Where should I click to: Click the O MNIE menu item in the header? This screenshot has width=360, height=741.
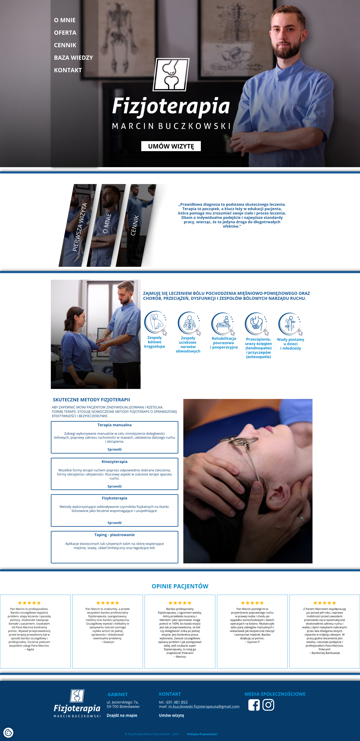[x=65, y=20]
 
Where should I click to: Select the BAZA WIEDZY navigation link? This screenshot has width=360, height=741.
[x=73, y=58]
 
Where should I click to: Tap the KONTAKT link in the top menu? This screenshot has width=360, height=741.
[x=68, y=70]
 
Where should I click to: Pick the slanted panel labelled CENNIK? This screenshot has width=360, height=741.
[x=136, y=225]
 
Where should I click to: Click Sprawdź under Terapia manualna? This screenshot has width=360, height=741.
[x=114, y=449]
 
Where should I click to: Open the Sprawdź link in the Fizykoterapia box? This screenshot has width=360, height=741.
[x=114, y=523]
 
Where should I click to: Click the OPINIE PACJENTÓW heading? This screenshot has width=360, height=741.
[x=180, y=586]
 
